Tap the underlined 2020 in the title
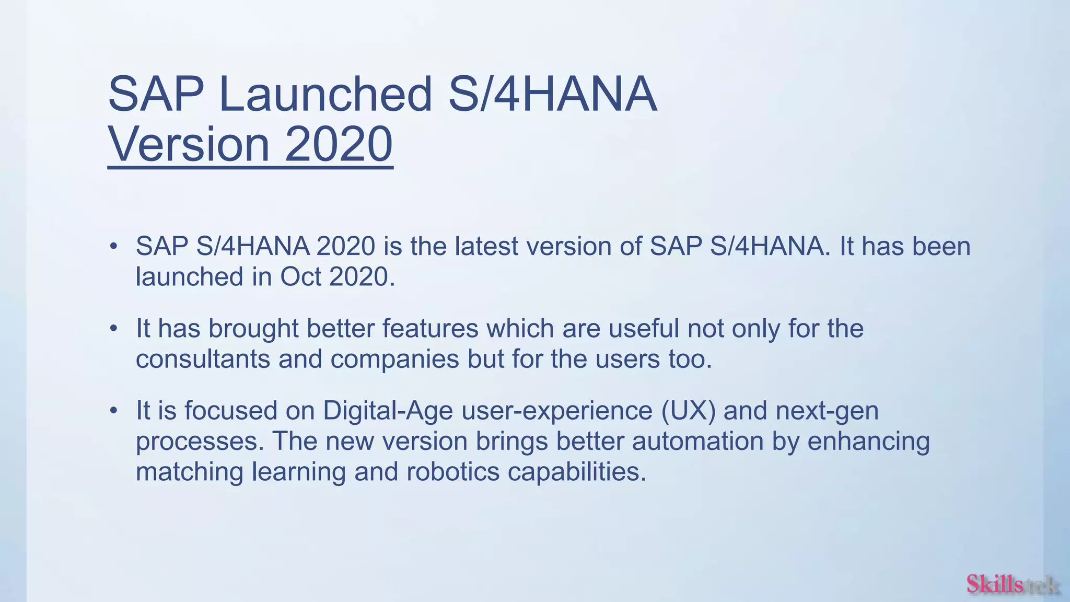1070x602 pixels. [339, 144]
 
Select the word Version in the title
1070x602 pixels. [189, 144]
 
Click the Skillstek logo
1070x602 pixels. [1012, 584]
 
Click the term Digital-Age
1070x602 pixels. [388, 411]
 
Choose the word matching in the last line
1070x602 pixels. [190, 471]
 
